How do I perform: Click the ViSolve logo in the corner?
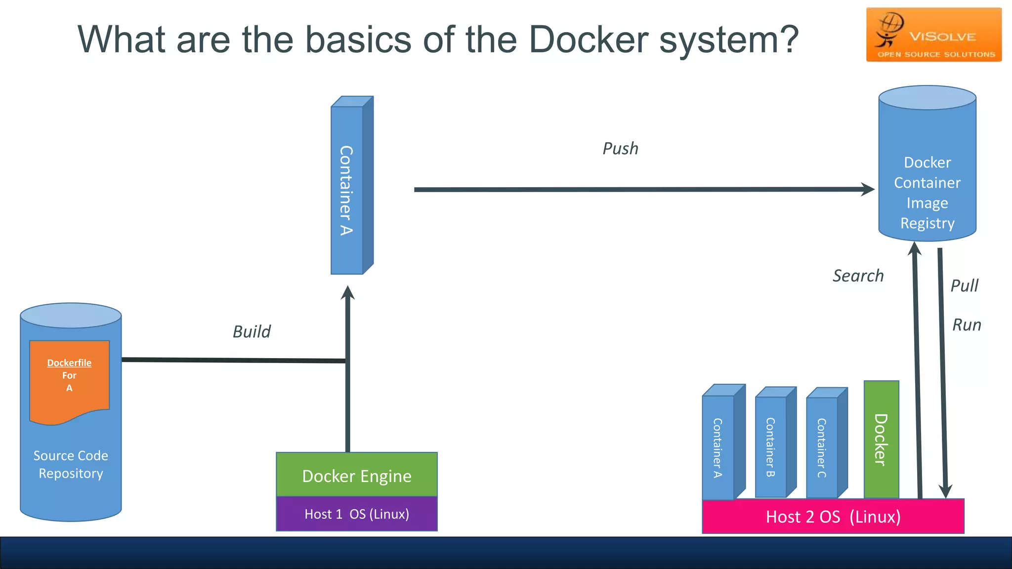coord(933,35)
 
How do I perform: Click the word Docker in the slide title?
coord(588,40)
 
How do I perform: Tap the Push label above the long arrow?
coord(620,149)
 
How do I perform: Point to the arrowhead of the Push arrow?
coord(868,189)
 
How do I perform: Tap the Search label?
coord(858,276)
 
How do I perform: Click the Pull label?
coord(964,285)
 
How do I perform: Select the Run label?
coord(967,325)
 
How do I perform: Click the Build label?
coord(252,331)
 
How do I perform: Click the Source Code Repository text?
coord(71,464)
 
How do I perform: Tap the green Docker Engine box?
coord(356,476)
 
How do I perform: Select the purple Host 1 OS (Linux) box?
coord(356,514)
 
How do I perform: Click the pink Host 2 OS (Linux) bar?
coord(833,517)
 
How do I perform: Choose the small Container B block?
coord(771,447)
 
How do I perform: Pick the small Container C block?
coord(822,447)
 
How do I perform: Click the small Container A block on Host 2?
coord(718,447)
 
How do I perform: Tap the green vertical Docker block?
coord(881,440)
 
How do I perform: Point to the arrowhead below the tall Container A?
coord(348,292)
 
